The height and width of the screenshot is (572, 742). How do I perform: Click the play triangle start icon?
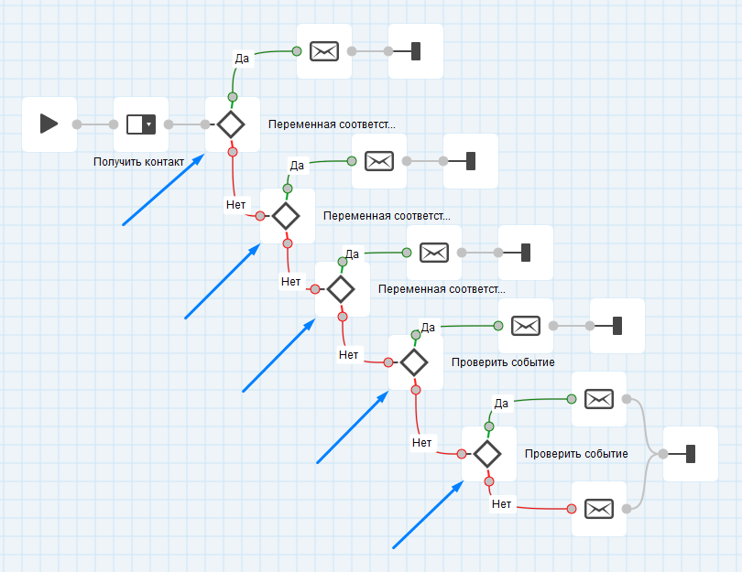(49, 124)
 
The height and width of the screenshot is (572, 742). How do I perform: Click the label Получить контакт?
(139, 162)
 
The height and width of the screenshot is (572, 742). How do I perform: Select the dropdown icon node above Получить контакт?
(141, 124)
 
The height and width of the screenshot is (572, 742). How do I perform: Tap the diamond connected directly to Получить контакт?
(230, 124)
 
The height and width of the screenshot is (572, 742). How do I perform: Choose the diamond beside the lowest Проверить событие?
(487, 453)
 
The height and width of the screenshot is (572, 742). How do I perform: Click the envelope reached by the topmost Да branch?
(324, 51)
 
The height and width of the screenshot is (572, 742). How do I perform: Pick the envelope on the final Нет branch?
(598, 508)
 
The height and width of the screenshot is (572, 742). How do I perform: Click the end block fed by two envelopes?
(690, 454)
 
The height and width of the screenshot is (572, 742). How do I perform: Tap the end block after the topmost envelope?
(415, 51)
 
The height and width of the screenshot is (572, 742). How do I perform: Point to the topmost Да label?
(242, 59)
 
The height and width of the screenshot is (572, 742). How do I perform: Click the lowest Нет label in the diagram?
(501, 503)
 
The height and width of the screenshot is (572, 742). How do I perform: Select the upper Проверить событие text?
(503, 362)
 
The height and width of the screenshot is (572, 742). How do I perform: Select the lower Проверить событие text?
(576, 454)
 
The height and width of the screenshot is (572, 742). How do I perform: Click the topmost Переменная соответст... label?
(332, 124)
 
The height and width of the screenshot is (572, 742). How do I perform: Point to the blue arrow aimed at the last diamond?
(427, 516)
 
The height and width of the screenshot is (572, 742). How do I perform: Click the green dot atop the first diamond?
(233, 97)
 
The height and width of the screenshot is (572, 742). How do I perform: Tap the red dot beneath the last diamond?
(488, 481)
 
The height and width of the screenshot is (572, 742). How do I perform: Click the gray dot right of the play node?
(77, 124)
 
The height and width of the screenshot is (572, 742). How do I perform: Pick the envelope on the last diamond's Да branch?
(598, 399)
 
